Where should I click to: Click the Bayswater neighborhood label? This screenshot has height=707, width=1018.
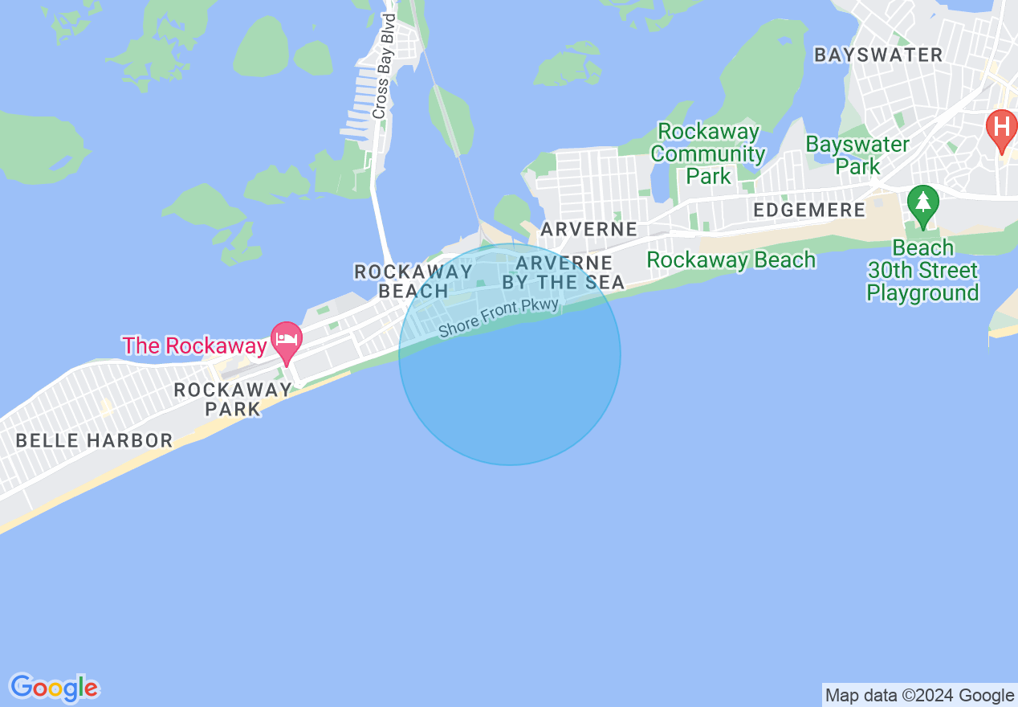tap(878, 55)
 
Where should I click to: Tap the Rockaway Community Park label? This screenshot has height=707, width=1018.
tap(708, 153)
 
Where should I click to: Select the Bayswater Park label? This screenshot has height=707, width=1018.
tap(857, 155)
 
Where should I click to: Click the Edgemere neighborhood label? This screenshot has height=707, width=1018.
tap(809, 210)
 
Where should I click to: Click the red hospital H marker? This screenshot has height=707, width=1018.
tap(1001, 129)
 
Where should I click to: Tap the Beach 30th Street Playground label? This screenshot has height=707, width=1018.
tap(923, 270)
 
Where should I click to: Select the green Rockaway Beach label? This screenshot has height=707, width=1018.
tap(731, 260)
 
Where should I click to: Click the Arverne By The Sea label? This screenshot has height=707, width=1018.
tap(563, 272)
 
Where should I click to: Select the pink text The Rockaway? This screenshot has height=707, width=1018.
tap(194, 346)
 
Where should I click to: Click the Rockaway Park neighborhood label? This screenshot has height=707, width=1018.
tap(233, 399)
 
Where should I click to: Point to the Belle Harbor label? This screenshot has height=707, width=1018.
tap(94, 440)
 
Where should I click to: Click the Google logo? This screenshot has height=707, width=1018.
tap(54, 688)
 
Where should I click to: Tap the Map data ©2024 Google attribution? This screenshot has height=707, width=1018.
tap(919, 695)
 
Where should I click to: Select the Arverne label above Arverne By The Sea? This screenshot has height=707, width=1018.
tap(588, 229)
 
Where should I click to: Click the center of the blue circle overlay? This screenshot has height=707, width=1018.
tap(510, 354)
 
